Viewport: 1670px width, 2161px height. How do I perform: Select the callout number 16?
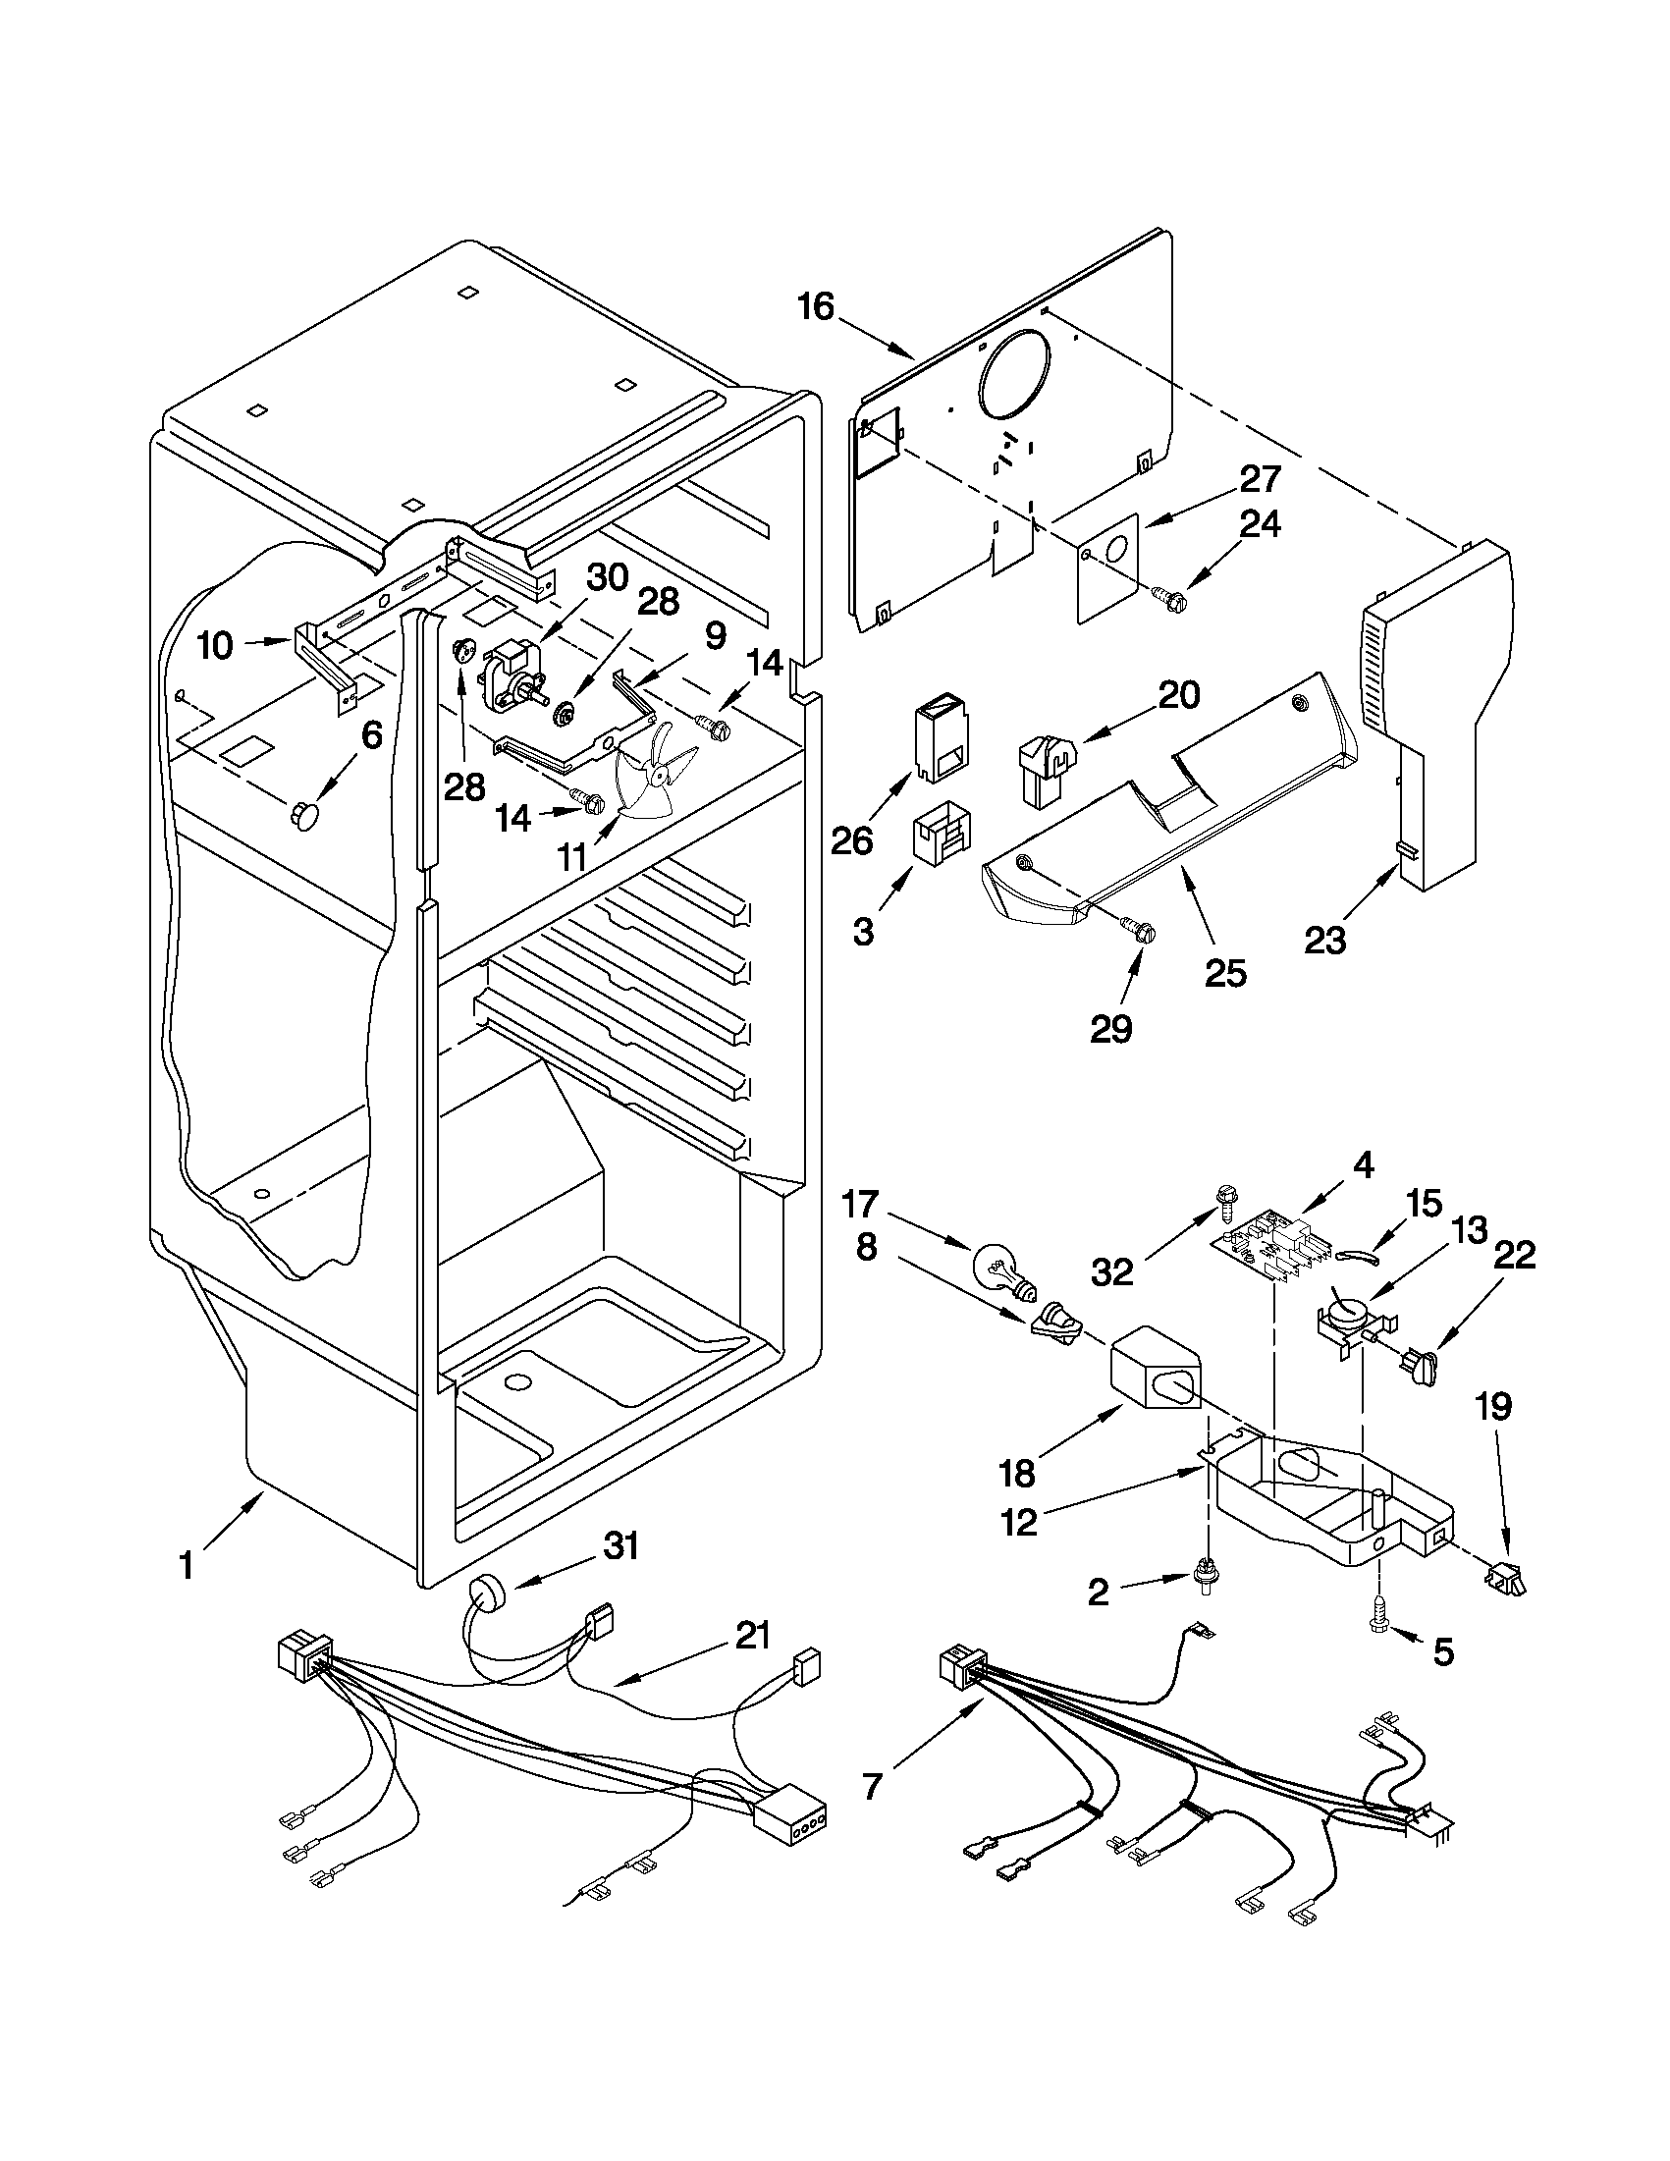(817, 306)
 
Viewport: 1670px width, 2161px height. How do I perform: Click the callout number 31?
(621, 1545)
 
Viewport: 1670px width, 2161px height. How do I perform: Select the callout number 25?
(1226, 973)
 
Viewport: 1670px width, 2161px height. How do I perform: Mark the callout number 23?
(1324, 939)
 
